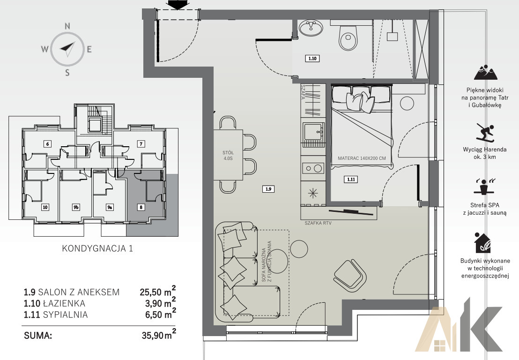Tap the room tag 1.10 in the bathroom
pyautogui.click(x=312, y=59)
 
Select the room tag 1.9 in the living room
pyautogui.click(x=268, y=189)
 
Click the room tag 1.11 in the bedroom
pyautogui.click(x=351, y=180)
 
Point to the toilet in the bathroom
pyautogui.click(x=348, y=35)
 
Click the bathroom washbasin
pyautogui.click(x=311, y=28)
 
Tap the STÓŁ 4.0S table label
pyautogui.click(x=228, y=155)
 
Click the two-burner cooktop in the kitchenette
pyautogui.click(x=313, y=168)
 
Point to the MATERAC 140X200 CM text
pyautogui.click(x=362, y=158)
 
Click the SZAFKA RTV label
pyautogui.click(x=318, y=223)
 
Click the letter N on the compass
pyautogui.click(x=67, y=26)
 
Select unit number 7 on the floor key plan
pyautogui.click(x=141, y=144)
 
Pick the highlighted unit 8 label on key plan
pyautogui.click(x=141, y=207)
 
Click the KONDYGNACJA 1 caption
pyautogui.click(x=97, y=248)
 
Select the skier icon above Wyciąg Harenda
pyautogui.click(x=485, y=132)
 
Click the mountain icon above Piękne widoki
pyautogui.click(x=486, y=72)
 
